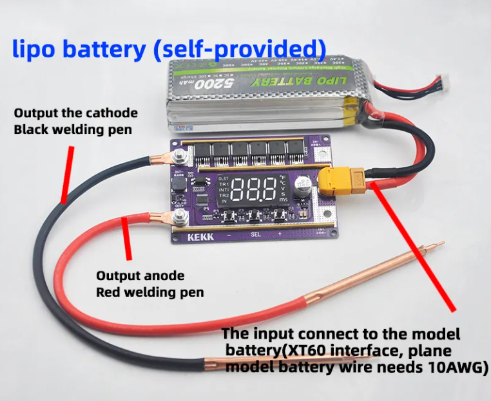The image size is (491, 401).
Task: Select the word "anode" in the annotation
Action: pos(163,276)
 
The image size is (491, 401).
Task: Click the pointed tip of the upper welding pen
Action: pos(442,244)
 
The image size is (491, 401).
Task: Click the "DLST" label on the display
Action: pos(224,178)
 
